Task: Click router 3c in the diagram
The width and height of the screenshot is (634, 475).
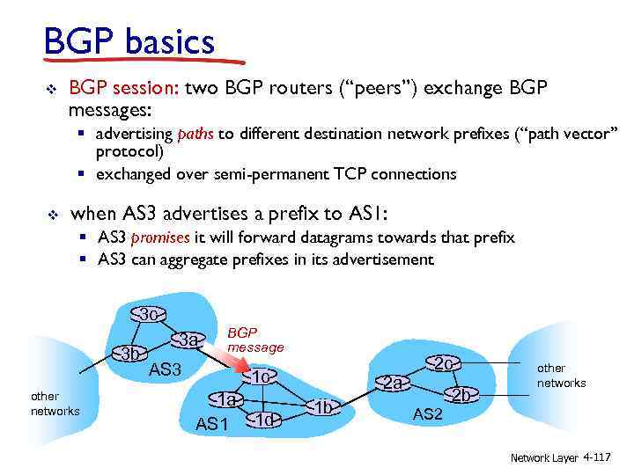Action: point(148,315)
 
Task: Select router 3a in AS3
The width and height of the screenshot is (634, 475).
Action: point(188,340)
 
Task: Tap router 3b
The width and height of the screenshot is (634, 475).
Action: point(132,354)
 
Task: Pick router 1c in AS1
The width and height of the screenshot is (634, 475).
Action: point(259,377)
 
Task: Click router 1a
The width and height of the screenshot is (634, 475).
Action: point(228,399)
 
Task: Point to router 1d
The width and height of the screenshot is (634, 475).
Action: point(264,420)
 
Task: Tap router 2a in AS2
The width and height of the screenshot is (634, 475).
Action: point(393,383)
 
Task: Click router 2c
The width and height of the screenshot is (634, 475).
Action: point(444,363)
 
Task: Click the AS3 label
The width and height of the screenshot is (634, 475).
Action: point(165,370)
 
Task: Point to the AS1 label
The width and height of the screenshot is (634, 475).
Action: point(211,424)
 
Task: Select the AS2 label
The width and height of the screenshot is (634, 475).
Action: point(428,414)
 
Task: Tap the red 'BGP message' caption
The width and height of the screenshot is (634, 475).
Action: point(255,340)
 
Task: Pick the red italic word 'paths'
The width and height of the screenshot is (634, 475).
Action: point(195,135)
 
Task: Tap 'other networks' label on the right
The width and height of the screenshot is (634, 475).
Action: point(561,376)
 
